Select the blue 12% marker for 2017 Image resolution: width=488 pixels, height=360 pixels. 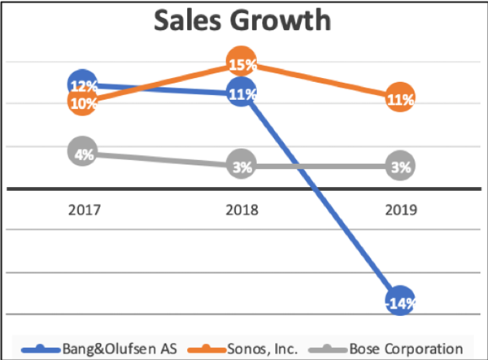pos(83,85)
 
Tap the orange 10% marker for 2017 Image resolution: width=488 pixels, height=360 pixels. pos(83,102)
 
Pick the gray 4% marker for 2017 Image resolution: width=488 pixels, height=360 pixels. pos(83,152)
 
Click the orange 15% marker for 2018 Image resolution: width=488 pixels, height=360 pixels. pos(242,63)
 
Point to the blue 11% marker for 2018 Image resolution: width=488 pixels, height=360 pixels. pos(242,93)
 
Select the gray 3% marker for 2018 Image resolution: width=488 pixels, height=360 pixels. pos(242,167)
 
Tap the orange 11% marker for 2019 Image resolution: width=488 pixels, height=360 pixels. pos(400,99)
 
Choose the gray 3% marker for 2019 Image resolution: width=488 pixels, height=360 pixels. pos(400,167)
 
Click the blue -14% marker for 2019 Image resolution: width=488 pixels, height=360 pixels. pos(400,302)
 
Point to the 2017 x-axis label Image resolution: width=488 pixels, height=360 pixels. pos(84,210)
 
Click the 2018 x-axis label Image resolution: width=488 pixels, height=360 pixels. pos(242,210)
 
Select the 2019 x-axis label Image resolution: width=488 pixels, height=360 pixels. pos(400,210)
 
